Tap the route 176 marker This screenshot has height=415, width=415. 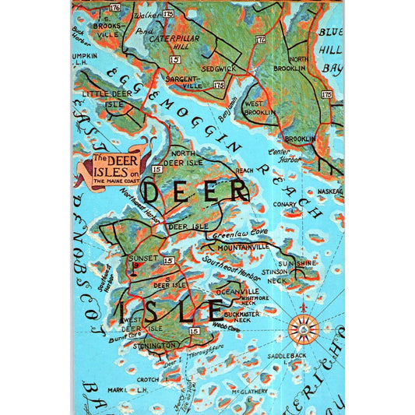pyautogui.click(x=115, y=8)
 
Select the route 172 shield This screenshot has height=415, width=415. pyautogui.click(x=261, y=38)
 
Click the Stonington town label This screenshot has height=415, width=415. pyautogui.click(x=154, y=345)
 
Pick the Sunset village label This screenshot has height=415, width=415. pyautogui.click(x=142, y=256)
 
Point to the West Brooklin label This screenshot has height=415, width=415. pyautogui.click(x=259, y=107)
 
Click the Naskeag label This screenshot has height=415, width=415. pyautogui.click(x=329, y=191)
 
